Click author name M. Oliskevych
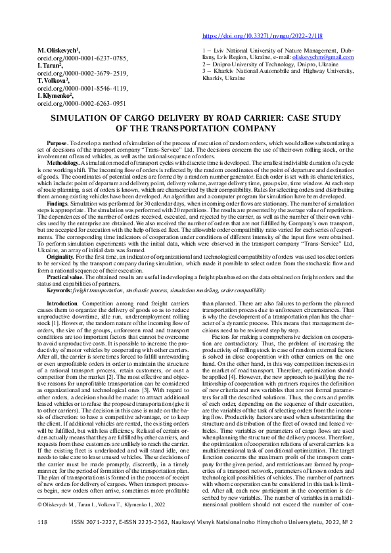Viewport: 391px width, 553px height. tap(58, 50)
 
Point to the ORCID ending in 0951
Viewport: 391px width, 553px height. tap(81, 103)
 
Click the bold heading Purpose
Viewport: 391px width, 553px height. tap(57, 143)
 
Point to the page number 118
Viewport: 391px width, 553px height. tap(43, 540)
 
